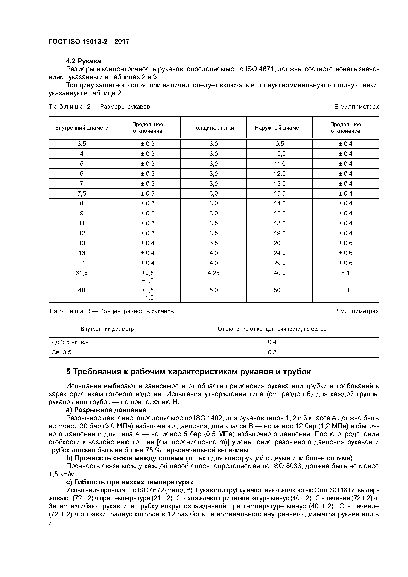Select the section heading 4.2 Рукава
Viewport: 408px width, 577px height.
(x=83, y=61)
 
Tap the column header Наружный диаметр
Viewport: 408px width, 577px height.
(x=279, y=128)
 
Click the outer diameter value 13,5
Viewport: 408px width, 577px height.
(x=280, y=193)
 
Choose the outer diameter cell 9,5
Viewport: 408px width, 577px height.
(x=280, y=144)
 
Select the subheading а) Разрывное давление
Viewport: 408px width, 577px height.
(x=106, y=410)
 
